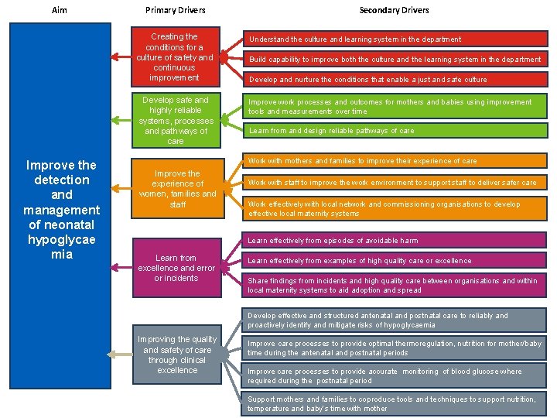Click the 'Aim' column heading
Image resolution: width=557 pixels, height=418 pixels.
[x=60, y=10]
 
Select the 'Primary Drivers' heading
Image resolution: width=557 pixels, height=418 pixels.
[x=176, y=10]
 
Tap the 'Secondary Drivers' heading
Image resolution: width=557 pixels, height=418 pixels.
[x=394, y=10]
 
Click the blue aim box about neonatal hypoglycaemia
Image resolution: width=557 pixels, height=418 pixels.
[x=61, y=209]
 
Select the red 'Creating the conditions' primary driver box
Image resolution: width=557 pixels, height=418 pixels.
[x=175, y=57]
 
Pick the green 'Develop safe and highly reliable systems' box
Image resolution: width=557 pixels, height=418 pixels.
[x=175, y=121]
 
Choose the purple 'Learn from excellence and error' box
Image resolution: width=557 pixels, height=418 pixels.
[x=176, y=268]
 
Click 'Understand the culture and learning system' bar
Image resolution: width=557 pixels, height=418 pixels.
[x=394, y=39]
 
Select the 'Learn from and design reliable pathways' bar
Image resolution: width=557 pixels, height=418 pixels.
[x=394, y=131]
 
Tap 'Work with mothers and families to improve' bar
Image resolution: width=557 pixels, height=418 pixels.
[x=394, y=161]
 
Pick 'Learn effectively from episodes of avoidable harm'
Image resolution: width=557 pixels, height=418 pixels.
[x=394, y=241]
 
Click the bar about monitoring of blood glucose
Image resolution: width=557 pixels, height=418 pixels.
[x=394, y=375]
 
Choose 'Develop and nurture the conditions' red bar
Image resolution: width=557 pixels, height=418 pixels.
[x=394, y=79]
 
